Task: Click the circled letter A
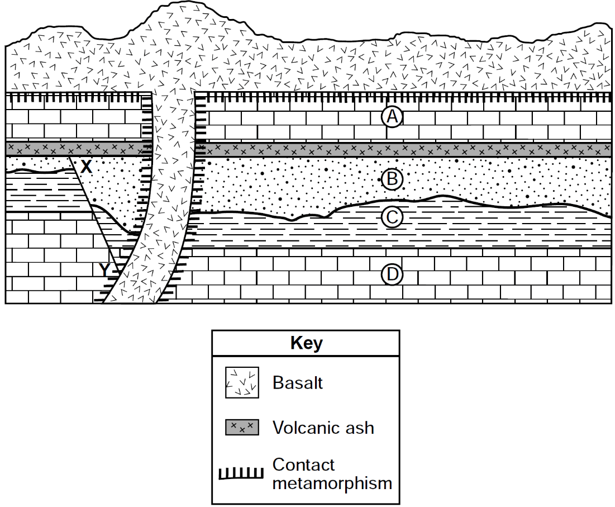click(x=392, y=116)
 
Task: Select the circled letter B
click(x=392, y=179)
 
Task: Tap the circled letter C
click(x=392, y=217)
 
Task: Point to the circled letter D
click(x=392, y=274)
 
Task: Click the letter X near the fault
click(x=86, y=167)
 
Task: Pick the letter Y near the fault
click(x=104, y=269)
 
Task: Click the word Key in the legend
click(x=306, y=343)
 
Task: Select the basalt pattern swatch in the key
click(x=242, y=382)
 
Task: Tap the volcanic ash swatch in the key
click(x=242, y=427)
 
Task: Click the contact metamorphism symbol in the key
click(x=241, y=473)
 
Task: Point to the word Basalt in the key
click(x=298, y=382)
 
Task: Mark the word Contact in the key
click(x=303, y=465)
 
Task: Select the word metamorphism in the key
click(x=332, y=483)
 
